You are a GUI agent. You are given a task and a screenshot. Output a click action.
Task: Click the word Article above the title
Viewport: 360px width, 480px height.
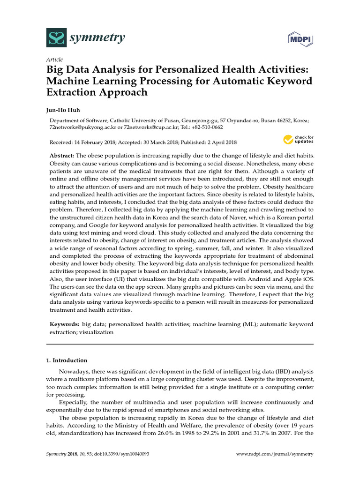[x=54, y=60]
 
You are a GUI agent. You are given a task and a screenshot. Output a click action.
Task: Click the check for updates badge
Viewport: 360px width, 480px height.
[x=298, y=139]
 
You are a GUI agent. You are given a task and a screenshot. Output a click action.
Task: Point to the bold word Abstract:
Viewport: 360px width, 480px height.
[x=62, y=155]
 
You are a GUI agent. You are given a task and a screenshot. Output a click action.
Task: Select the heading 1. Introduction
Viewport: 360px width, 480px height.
[x=67, y=360]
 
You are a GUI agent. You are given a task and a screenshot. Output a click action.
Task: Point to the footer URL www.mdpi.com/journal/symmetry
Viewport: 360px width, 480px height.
[x=274, y=454]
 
